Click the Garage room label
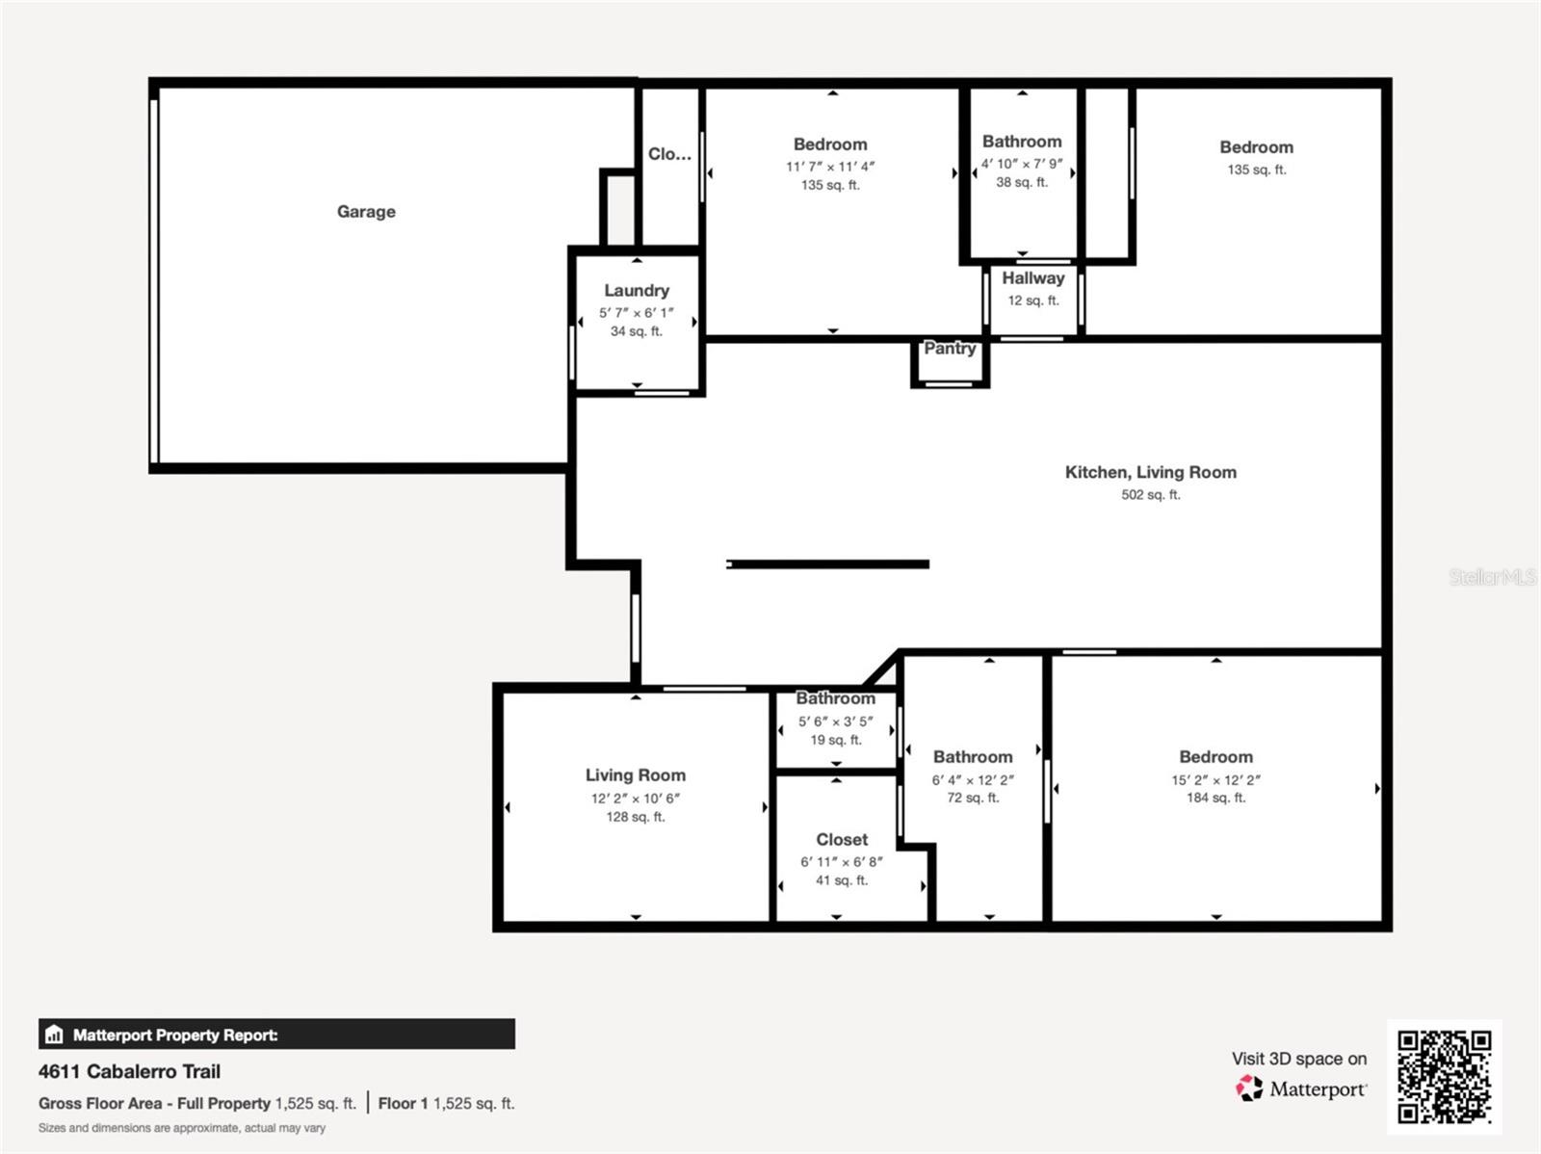pos(366,212)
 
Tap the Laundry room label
pos(637,290)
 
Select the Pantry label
pos(950,349)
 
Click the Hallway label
pos(1032,278)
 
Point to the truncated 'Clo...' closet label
pos(669,154)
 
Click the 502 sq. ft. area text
pos(1150,495)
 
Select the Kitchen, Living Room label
pos(1150,472)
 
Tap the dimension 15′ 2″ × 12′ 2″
pos(1215,780)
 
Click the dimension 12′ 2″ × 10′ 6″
pos(636,799)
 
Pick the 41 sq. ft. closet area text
pos(841,880)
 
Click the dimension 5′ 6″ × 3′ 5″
pos(835,721)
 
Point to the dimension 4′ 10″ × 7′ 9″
pos(1022,164)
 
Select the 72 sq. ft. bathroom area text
pos(973,798)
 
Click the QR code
pos(1444,1077)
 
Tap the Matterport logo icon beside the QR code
pos(1249,1088)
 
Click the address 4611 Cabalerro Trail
pos(129,1071)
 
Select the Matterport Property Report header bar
pos(276,1035)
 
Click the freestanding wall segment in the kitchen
pos(827,564)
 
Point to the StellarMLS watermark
pos(1492,577)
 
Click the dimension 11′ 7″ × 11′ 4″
pos(830,167)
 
